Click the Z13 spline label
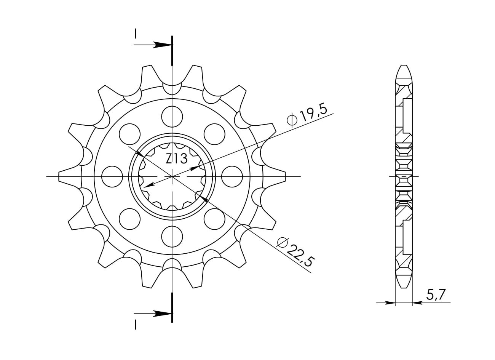177,158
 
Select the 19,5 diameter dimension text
313,113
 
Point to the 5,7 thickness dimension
434,294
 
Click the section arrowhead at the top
162,45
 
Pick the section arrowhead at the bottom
162,314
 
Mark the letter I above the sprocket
135,34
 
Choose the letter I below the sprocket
135,325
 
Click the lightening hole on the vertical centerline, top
172,117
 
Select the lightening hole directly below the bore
172,237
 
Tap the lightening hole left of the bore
112,177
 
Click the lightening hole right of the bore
232,177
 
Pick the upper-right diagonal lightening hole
214,134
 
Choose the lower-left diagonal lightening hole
129,219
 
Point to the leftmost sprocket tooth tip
59,176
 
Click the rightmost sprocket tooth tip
285,176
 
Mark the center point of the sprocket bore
172,177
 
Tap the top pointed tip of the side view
404,66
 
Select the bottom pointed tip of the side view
404,288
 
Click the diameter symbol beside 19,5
292,120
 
